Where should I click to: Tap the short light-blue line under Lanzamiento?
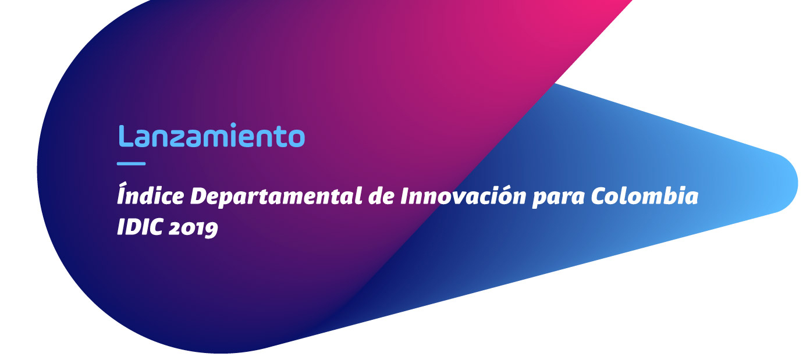[x=132, y=164]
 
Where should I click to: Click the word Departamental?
[x=276, y=196]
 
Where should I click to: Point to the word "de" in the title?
[x=381, y=196]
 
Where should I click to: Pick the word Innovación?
[x=463, y=195]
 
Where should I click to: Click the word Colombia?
[x=645, y=196]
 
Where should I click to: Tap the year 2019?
[x=193, y=229]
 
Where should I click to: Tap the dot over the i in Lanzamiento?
[x=233, y=125]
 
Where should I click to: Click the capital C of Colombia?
[x=600, y=197]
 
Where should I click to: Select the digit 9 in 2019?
[x=212, y=230]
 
